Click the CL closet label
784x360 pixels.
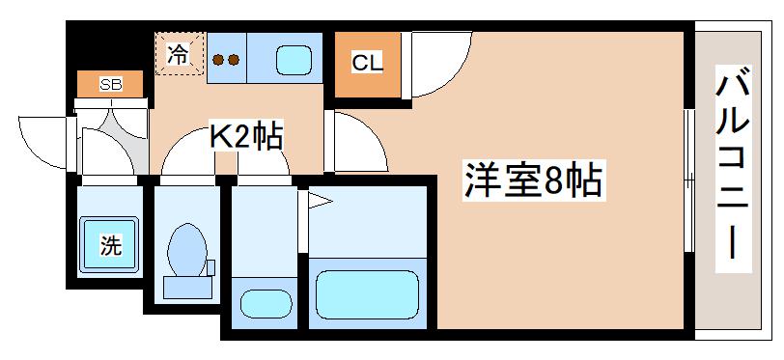[367, 65]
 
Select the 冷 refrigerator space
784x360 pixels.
[179, 54]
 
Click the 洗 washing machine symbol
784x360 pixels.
[111, 244]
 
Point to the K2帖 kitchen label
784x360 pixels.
[246, 138]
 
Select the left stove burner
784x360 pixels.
[218, 60]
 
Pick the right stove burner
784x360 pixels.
[234, 60]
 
